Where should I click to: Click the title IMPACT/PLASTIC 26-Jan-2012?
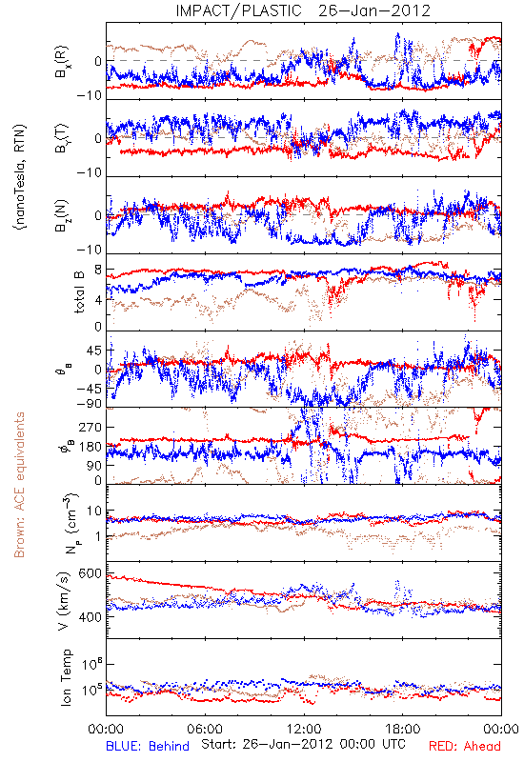point(303,10)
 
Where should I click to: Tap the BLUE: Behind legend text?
point(148,746)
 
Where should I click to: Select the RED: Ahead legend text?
point(464,746)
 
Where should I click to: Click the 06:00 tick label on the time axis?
point(205,729)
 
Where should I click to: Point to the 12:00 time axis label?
point(304,729)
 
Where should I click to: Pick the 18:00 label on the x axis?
point(403,729)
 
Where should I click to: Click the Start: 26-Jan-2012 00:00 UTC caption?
point(303,744)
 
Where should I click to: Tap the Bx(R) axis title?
point(62,62)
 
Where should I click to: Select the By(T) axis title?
point(62,138)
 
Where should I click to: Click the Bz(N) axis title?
point(62,215)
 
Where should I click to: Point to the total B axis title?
point(79,291)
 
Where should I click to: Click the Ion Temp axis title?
point(66,677)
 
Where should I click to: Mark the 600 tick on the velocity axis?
point(90,574)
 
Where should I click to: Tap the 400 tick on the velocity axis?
point(90,617)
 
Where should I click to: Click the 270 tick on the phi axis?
point(90,427)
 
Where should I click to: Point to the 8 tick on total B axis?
point(98,271)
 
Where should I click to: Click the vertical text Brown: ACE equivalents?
point(19,485)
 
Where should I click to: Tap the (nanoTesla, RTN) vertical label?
point(21,177)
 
